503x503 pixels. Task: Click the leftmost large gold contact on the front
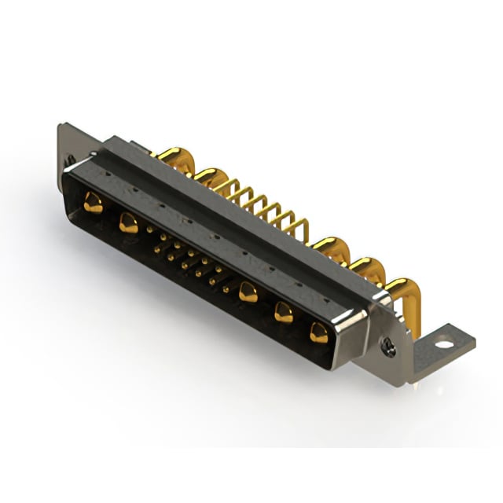[94, 204]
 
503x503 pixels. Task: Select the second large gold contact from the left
[128, 223]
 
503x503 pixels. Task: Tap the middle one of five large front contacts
[249, 292]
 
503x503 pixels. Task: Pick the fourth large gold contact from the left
[284, 313]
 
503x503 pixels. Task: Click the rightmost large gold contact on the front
[319, 332]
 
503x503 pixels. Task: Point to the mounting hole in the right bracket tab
[445, 343]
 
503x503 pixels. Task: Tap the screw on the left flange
[71, 160]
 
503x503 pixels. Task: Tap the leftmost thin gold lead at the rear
[230, 187]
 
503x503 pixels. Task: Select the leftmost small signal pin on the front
[150, 229]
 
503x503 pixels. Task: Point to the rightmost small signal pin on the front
[226, 289]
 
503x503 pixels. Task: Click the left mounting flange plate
[66, 141]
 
